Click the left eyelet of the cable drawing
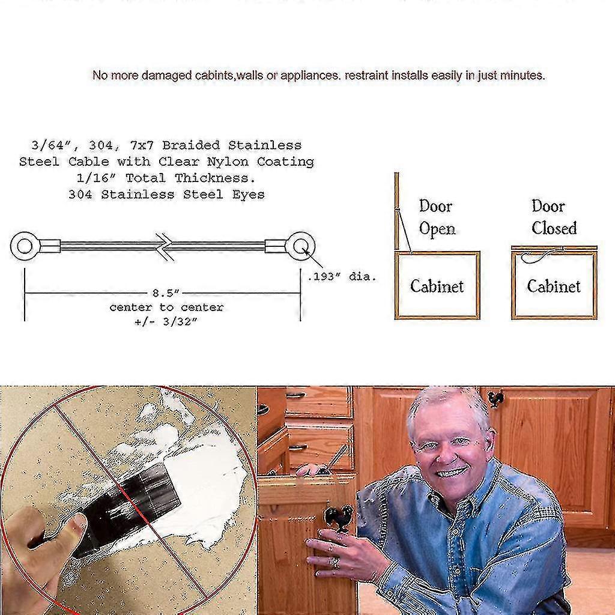tap(25, 246)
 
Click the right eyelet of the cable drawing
tap(300, 246)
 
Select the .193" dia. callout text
tap(342, 277)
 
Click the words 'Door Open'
tap(437, 217)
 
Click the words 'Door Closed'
tap(553, 217)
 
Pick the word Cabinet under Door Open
tap(437, 286)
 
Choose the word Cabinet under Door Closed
tap(553, 286)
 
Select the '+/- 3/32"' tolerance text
tap(166, 321)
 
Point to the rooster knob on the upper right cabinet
tap(495, 398)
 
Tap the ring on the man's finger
tap(335, 563)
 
